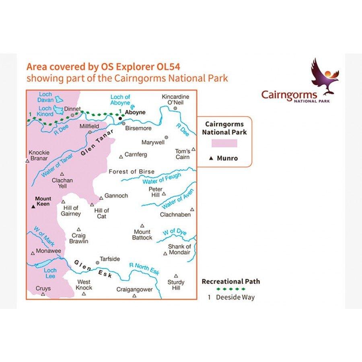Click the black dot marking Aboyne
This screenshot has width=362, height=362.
click(x=120, y=118)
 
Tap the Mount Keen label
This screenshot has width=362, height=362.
click(x=43, y=201)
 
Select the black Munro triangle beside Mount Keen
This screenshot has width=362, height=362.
click(x=33, y=207)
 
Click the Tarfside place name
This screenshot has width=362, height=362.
click(x=110, y=259)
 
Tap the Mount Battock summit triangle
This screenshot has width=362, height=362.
click(x=142, y=226)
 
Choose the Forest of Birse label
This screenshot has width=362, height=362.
click(x=132, y=172)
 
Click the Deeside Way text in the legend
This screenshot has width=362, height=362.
click(x=235, y=298)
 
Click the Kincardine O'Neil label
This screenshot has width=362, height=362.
click(x=175, y=100)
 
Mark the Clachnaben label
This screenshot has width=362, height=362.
click(x=175, y=215)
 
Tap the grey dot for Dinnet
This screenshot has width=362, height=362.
click(x=72, y=115)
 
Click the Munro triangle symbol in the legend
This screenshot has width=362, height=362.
click(x=211, y=158)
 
